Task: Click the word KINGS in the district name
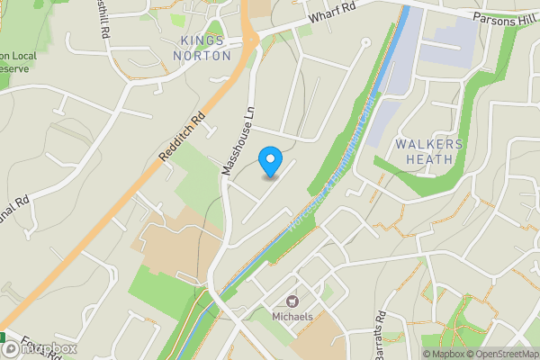point(203,40)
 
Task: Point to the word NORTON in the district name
point(203,56)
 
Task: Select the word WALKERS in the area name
point(428,144)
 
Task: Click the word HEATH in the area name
point(428,159)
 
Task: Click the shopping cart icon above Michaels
point(292,301)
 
